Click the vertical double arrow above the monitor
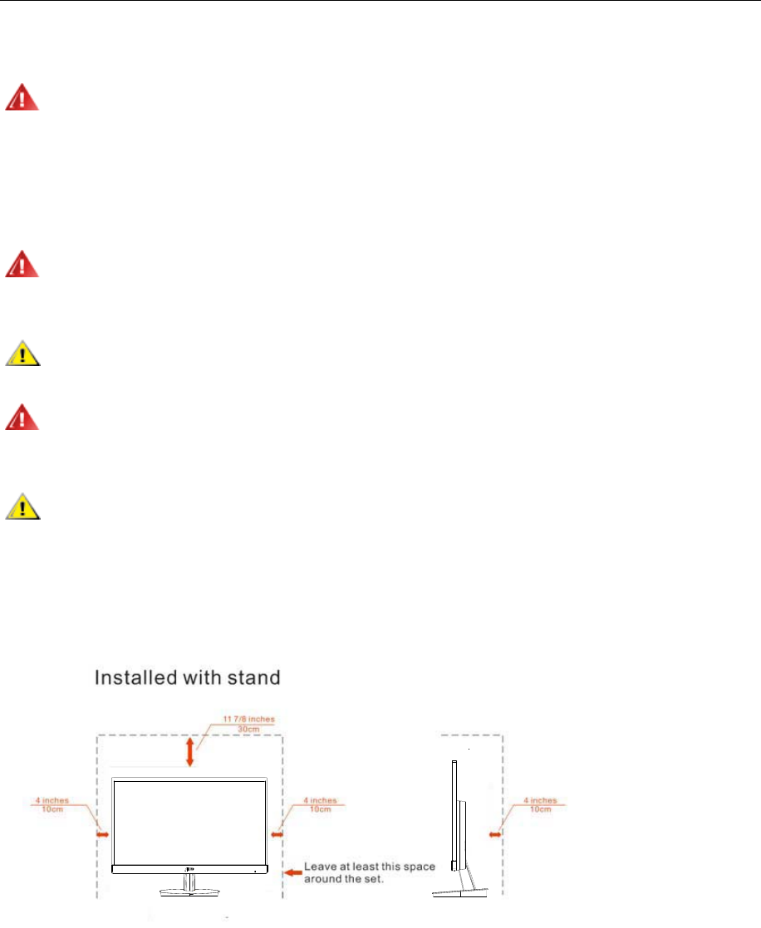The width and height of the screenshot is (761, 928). [x=190, y=751]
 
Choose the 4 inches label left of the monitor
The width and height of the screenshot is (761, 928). [x=52, y=801]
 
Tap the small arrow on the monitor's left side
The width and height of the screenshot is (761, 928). [x=103, y=833]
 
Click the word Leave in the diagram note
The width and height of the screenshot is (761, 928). [x=320, y=867]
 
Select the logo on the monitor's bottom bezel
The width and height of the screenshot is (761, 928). [x=190, y=868]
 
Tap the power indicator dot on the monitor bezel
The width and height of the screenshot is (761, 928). [x=258, y=870]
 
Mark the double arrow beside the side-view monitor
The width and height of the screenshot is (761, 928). [x=495, y=833]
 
